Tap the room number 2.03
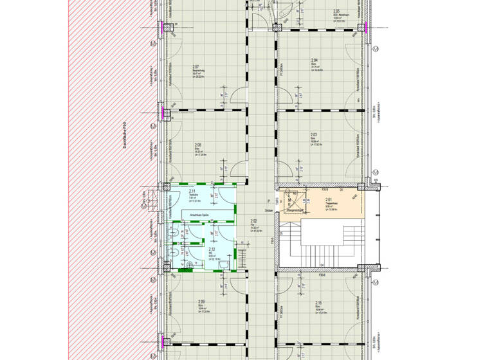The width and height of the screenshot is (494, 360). pyautogui.click(x=313, y=135)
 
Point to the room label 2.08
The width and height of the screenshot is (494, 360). pyautogui.click(x=198, y=145)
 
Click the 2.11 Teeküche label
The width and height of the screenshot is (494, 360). pyautogui.click(x=192, y=192)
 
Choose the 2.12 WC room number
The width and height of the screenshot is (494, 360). pyautogui.click(x=212, y=249)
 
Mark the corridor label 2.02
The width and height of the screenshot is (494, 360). pyautogui.click(x=253, y=221)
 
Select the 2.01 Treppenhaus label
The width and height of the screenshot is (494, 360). pyautogui.click(x=328, y=200)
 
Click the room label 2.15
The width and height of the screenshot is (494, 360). pyautogui.click(x=318, y=302)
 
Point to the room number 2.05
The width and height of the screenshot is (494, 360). pyautogui.click(x=336, y=11)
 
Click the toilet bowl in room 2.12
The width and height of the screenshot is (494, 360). pyautogui.click(x=190, y=264)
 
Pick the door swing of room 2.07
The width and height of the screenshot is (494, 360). pyautogui.click(x=236, y=95)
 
